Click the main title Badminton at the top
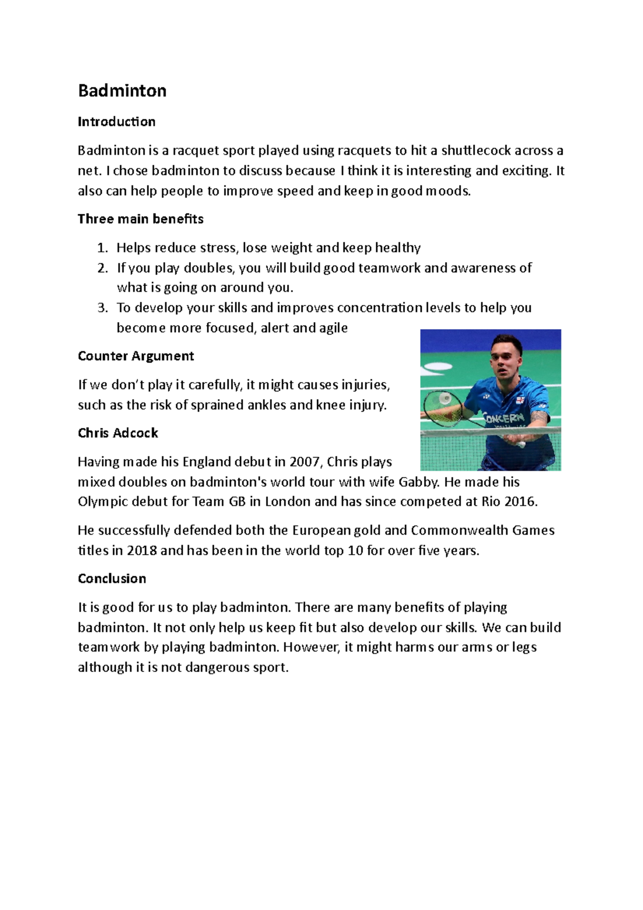(x=122, y=91)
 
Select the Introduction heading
(x=116, y=122)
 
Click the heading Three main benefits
(x=140, y=219)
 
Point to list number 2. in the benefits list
(x=103, y=267)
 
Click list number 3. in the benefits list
(x=103, y=308)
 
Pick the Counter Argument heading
(x=136, y=356)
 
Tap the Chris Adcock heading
(x=118, y=433)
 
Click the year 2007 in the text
(x=304, y=462)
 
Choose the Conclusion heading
(x=112, y=579)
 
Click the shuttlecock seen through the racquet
(x=445, y=398)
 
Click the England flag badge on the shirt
(x=520, y=400)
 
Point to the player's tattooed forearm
(x=538, y=417)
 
